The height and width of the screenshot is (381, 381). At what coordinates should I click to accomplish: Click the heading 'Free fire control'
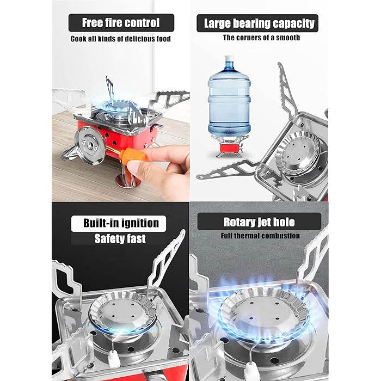121,23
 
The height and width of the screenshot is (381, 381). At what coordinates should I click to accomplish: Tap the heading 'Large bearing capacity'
259,23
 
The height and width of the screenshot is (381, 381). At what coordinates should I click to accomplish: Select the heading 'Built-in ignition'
121,223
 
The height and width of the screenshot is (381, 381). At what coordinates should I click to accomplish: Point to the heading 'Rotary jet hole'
259,222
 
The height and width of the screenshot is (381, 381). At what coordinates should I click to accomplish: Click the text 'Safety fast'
121,238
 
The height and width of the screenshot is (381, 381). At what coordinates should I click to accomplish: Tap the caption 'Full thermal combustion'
260,236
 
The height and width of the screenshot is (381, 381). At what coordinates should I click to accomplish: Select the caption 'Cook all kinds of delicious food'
121,39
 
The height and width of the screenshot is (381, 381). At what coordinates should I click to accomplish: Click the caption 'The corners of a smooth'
261,38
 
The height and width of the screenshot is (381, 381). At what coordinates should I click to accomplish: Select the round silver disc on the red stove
89,145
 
